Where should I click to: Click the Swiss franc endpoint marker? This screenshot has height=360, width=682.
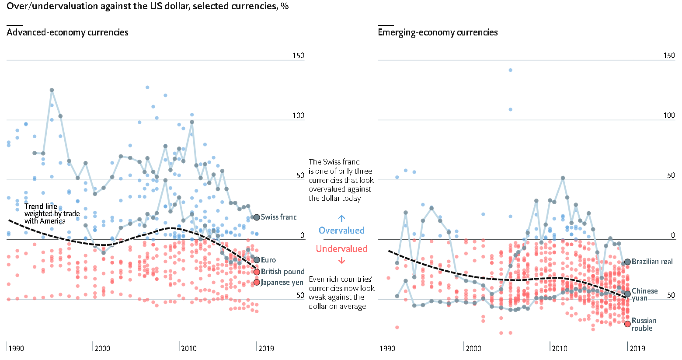pos(257,217)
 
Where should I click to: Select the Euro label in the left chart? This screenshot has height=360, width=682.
pos(268,260)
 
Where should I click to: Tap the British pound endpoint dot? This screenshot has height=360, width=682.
pos(257,272)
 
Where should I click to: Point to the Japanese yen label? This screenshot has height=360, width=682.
pos(282,282)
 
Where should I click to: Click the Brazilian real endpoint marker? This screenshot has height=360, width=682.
pos(628,262)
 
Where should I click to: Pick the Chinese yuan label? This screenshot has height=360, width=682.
pos(644,294)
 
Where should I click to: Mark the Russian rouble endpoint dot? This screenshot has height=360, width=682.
pos(628,324)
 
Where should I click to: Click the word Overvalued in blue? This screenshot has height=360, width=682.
pos(341,231)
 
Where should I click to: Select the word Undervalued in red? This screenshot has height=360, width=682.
pos(341,249)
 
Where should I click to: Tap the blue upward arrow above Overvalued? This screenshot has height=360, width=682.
pos(342,218)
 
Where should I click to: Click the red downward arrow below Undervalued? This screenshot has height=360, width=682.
pos(342,261)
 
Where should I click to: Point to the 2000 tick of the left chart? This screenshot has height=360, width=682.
pos(102,348)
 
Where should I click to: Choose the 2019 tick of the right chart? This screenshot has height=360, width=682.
pos(637,348)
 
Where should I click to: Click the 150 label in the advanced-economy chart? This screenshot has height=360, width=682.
pos(299,56)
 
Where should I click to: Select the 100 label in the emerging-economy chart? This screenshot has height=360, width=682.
pos(669,115)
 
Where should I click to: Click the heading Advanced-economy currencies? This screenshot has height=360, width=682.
pos(67,32)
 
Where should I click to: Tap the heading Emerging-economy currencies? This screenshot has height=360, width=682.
pos(438,32)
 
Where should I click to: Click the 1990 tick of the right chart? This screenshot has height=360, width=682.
pos(387,348)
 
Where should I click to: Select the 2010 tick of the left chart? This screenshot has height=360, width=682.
pos(188,348)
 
